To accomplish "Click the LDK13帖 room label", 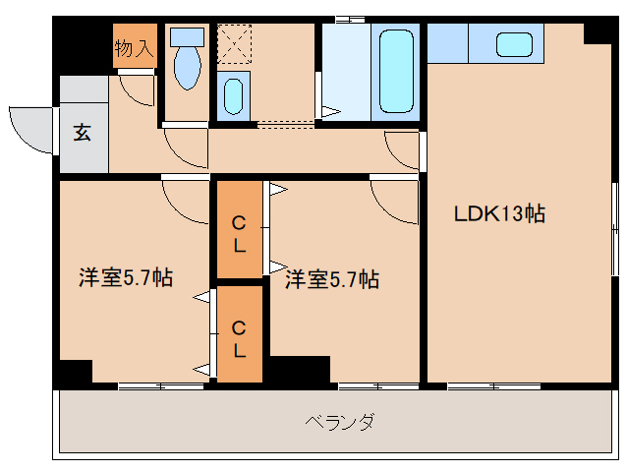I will click(498, 212).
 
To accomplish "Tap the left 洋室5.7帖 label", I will click(126, 278).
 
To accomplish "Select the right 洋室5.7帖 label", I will click(332, 280).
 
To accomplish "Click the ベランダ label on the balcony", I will click(338, 423).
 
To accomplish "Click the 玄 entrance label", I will click(83, 133).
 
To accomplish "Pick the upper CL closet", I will click(239, 234).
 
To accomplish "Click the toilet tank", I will click(185, 36).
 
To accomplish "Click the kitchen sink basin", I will click(513, 43).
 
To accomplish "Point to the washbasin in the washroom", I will click(233, 95).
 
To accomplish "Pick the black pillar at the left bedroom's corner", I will click(74, 374).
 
